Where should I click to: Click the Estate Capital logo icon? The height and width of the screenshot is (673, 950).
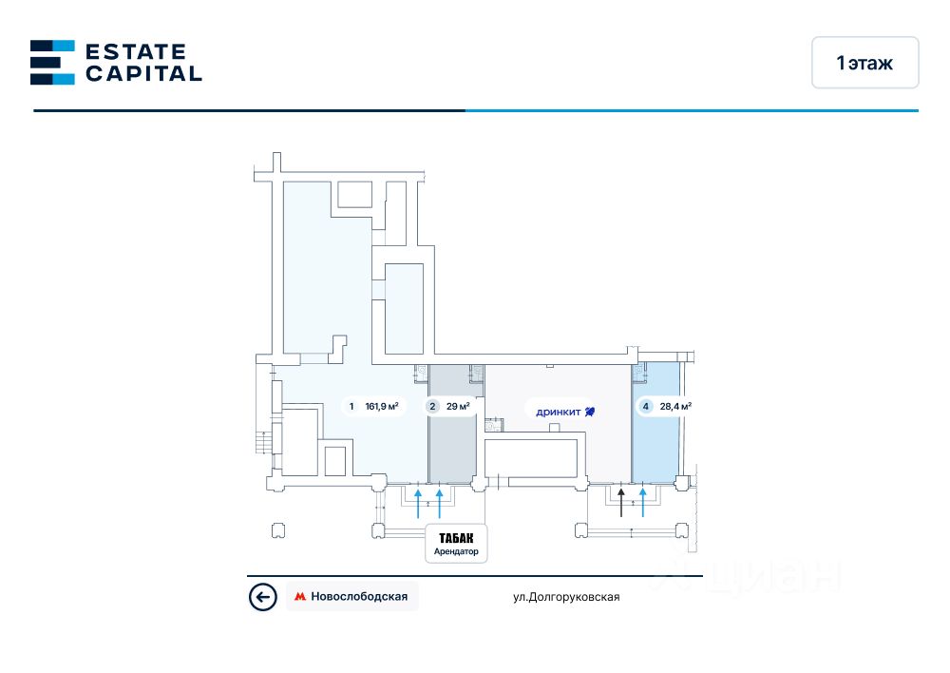click(52, 62)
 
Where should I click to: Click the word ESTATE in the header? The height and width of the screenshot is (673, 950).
click(136, 51)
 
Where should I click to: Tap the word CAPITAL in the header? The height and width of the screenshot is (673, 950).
click(143, 73)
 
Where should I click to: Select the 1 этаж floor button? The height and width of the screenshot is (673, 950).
click(864, 63)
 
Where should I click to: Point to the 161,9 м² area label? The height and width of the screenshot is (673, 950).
click(381, 407)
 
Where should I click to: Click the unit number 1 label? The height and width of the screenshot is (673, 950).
click(351, 407)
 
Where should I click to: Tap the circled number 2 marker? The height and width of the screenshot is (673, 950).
click(432, 407)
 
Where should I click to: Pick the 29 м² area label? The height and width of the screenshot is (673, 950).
click(458, 407)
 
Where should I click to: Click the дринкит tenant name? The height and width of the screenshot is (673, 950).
click(559, 412)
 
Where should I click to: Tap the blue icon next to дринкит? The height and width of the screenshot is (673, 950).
click(590, 411)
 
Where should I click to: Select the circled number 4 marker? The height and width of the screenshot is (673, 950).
click(646, 407)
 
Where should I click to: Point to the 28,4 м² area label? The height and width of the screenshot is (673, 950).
click(675, 407)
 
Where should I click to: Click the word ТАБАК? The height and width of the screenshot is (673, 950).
click(456, 538)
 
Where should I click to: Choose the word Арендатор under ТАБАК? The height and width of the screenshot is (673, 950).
click(456, 552)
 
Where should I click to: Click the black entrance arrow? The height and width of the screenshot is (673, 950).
click(621, 501)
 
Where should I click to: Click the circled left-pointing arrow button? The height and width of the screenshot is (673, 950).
click(262, 597)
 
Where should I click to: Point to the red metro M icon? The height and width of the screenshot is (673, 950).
click(300, 597)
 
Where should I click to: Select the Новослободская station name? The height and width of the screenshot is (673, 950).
click(360, 597)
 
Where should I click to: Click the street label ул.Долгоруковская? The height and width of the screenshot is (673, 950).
click(566, 597)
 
